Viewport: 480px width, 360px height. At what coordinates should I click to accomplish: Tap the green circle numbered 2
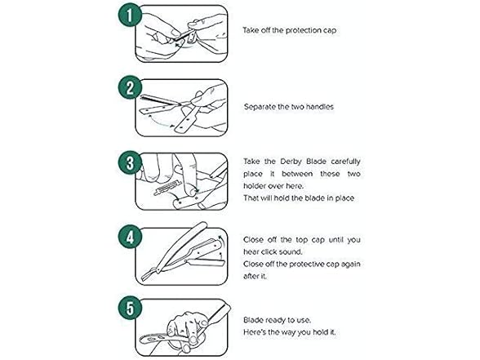tap(130, 88)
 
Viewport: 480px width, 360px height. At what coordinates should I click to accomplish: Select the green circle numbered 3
tap(130, 162)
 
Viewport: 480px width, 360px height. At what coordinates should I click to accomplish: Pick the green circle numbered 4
tap(130, 237)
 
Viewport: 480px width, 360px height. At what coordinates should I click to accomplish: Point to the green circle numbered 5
tap(130, 308)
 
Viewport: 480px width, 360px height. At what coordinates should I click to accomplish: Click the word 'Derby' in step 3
tap(291, 162)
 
